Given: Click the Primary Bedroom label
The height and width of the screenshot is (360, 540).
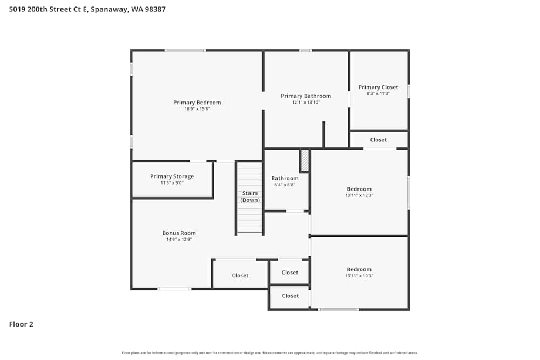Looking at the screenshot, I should (197, 103).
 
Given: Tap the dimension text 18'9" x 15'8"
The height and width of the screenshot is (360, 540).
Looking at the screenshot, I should (197, 109).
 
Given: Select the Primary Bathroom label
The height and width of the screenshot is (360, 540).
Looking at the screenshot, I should (306, 96).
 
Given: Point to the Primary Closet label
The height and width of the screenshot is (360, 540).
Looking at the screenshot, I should (378, 87).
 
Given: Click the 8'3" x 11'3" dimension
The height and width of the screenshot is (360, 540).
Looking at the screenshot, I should (378, 93).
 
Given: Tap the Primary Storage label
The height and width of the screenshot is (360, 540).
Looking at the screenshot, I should (172, 176).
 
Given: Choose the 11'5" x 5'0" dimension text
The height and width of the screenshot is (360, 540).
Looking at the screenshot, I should (172, 183).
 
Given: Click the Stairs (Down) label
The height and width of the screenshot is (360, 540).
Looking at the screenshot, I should (249, 196).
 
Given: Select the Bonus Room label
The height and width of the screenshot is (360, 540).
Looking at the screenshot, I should (179, 233).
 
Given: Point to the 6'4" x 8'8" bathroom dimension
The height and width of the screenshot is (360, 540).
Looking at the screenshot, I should (285, 185).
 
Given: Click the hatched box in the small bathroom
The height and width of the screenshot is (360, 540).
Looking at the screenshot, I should (305, 160).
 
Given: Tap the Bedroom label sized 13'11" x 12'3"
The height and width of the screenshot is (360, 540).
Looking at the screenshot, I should (359, 189).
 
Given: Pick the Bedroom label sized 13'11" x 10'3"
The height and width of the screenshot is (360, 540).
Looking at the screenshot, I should (359, 269).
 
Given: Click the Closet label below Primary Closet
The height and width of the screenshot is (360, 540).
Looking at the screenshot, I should (378, 140).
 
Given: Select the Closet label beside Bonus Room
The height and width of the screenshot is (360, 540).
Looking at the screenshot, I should (240, 275).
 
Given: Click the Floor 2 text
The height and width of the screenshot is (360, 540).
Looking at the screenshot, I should (21, 324).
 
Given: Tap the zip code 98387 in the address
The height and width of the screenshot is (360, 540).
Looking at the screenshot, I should (154, 9).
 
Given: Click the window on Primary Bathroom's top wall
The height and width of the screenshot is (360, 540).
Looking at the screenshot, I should (305, 50).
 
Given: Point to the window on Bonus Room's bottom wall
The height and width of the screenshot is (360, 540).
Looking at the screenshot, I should (174, 289).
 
